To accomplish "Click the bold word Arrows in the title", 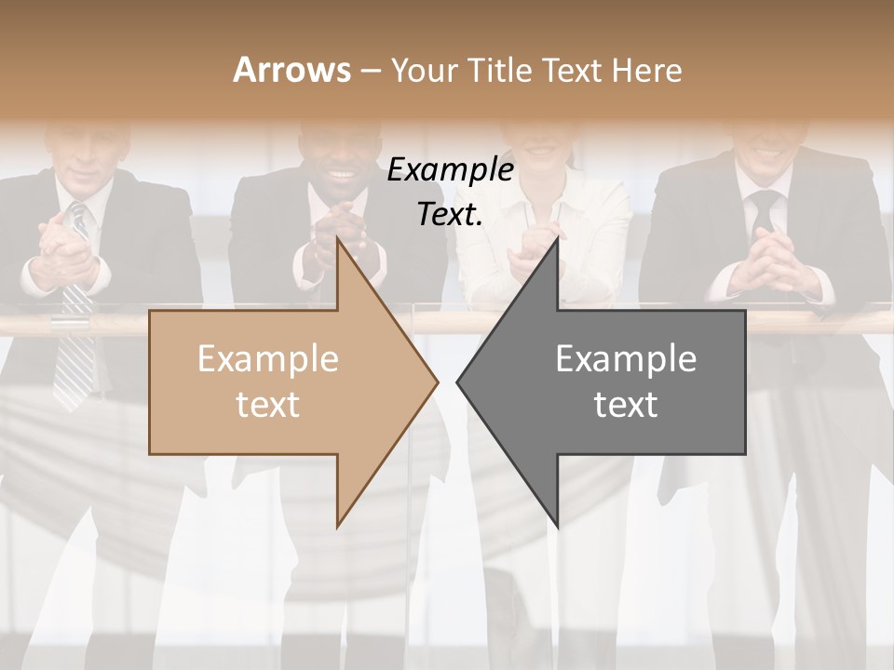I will tap(291, 70).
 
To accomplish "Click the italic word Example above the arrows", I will tap(450, 170).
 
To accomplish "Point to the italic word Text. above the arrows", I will tap(450, 215).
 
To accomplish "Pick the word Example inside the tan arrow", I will tap(268, 358).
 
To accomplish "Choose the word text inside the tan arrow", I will tap(268, 405).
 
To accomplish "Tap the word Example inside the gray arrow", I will tap(626, 358).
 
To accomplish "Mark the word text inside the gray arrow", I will tap(626, 405).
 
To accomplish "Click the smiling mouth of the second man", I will tap(341, 174).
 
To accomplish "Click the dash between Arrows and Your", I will tap(369, 71).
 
